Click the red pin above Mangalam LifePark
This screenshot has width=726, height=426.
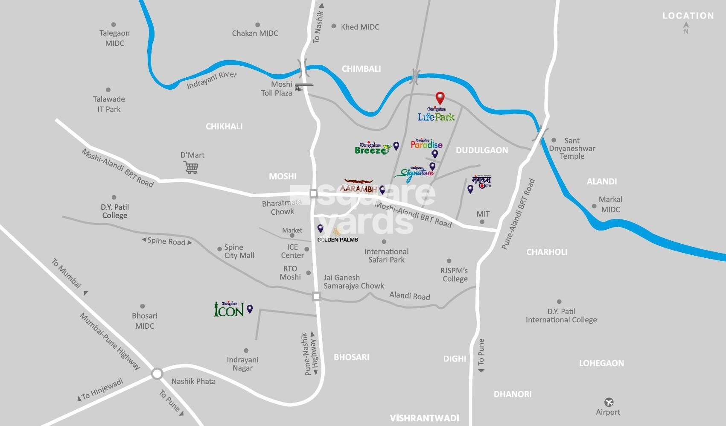coord(440,98)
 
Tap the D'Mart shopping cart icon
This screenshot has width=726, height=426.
coord(191,168)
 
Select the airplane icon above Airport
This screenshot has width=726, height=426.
coord(609,402)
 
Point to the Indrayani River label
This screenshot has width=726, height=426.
coord(212,80)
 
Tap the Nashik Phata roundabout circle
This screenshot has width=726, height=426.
coord(157,374)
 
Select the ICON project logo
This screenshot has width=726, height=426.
coord(229,309)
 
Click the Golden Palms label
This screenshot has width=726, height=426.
coord(338,239)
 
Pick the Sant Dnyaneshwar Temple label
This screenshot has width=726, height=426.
coord(572,148)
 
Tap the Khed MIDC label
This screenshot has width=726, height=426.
coord(360,27)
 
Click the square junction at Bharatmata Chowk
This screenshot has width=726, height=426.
coord(314,194)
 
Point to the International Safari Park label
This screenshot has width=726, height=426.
coord(386,255)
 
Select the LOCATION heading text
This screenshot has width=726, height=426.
coord(688,16)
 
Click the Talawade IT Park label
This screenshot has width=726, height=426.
coord(109,104)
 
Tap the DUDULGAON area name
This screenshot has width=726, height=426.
coord(482,150)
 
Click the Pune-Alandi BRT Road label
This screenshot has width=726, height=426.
coord(518,215)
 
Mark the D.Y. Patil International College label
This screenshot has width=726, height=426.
coord(561,315)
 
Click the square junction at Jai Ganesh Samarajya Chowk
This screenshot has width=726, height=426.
coord(316,296)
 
